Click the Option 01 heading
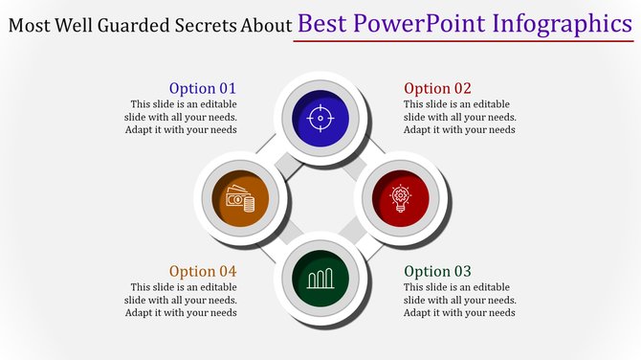coord(202,88)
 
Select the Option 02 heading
coord(438,88)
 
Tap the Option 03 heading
coord(438,271)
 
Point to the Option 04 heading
coord(203,271)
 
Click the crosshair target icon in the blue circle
coord(320,119)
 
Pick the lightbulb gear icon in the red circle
coord(399,198)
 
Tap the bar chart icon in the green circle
coord(320,278)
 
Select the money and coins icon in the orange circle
coord(240,199)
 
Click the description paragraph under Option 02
coord(460,117)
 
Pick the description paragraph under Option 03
coord(460,300)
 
